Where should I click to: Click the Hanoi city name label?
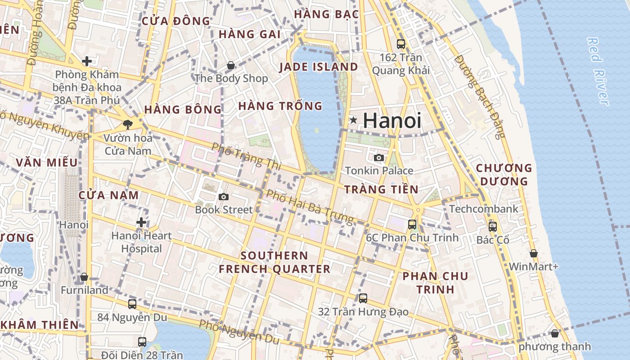pos(392,121)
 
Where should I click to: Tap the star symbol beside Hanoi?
pos(354,120)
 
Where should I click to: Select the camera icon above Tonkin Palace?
pos(379,157)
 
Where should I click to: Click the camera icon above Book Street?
pos(223,197)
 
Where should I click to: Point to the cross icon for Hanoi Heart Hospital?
pos(141,222)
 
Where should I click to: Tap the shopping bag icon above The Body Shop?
pos(231,66)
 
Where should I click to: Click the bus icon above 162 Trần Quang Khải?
pos(400,44)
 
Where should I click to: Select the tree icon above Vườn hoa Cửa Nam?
pos(128,125)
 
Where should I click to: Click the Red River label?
pos(598,71)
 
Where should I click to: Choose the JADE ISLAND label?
pos(319,67)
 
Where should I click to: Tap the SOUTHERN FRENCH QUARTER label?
pos(274,262)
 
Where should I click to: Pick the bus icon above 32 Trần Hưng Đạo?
pos(363,298)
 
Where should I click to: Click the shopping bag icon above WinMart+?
pos(533,254)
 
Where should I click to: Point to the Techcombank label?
pos(484,209)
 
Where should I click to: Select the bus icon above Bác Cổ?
pos(493,227)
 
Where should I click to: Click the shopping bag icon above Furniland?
pos(84,277)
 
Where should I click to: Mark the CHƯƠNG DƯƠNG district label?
pos(504,175)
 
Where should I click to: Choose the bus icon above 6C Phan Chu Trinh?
pos(412,224)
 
